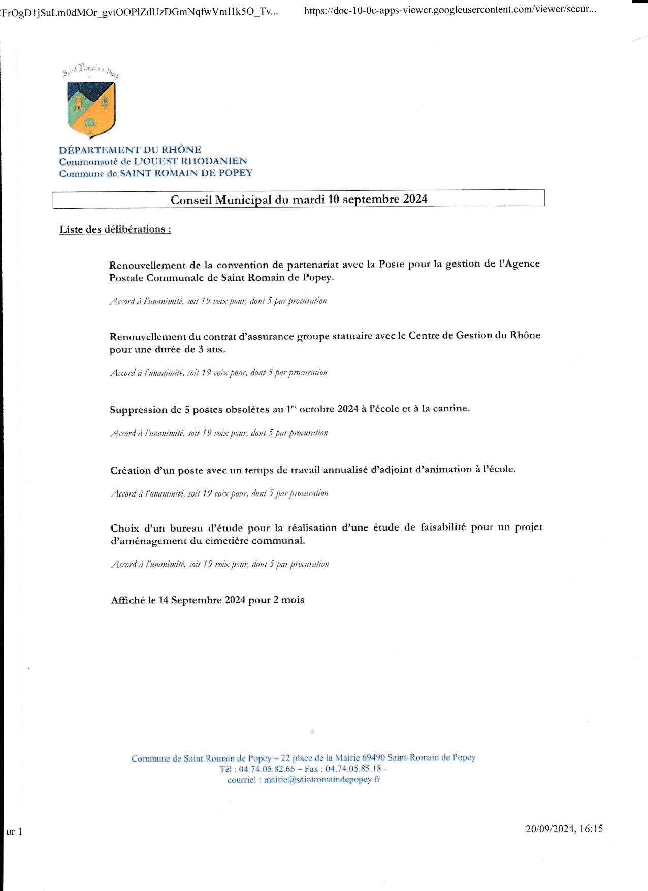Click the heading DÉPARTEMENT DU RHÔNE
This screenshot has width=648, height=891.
click(x=130, y=150)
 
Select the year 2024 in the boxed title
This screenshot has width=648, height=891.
click(x=415, y=199)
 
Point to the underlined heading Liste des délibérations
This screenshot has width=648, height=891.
click(x=115, y=229)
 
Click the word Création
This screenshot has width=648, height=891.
click(x=131, y=471)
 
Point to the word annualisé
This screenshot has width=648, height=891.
click(x=345, y=470)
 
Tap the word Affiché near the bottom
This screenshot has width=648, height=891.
click(x=128, y=600)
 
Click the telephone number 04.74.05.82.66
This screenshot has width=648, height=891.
click(x=267, y=769)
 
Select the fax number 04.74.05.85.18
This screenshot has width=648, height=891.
click(x=353, y=769)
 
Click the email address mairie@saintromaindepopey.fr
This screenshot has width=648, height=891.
click(x=322, y=780)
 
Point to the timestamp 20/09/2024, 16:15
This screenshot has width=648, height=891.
click(x=564, y=829)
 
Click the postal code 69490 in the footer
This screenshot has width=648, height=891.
click(x=373, y=757)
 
